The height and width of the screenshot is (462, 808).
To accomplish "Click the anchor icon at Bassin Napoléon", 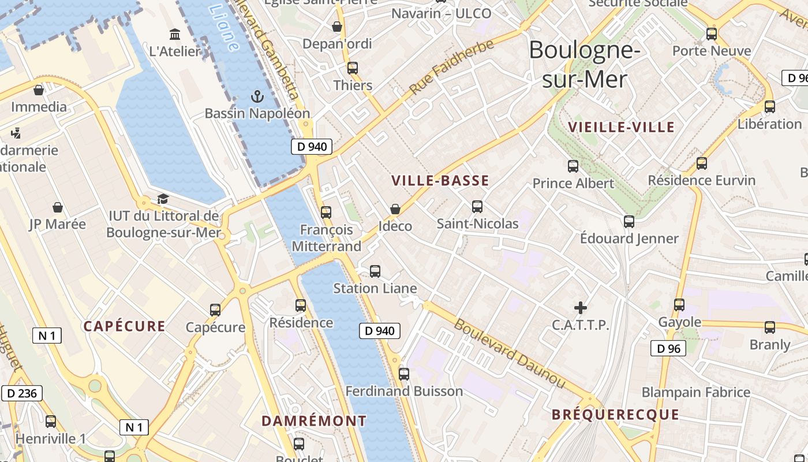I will [257, 96].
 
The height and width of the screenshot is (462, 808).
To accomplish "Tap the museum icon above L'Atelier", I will [174, 34].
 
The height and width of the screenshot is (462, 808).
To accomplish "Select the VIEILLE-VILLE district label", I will [621, 127].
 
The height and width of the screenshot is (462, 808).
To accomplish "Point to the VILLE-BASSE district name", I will [440, 181].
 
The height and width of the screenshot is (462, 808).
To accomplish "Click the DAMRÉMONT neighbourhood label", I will [314, 421].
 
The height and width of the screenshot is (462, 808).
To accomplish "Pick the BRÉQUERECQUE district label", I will [615, 415].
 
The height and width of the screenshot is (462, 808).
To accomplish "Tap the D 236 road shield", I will [22, 394].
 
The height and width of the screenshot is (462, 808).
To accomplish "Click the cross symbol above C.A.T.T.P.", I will [581, 308].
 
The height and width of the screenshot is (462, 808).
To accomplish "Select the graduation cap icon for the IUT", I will [163, 199].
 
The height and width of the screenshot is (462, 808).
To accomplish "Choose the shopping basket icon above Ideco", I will [395, 208].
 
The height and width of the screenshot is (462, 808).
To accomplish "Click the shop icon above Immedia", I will [39, 90].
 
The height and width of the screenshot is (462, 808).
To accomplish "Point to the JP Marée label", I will [58, 224].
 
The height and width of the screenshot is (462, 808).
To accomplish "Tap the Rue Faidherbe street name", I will [452, 68].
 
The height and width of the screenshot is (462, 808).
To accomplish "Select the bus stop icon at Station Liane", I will [375, 271].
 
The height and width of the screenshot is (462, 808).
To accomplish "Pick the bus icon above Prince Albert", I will [573, 166].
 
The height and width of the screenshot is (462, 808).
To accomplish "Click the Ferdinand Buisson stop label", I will [404, 392].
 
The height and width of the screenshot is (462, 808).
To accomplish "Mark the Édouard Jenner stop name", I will [629, 239].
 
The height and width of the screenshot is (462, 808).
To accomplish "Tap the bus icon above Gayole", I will [679, 304].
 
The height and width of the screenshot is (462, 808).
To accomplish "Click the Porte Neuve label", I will [712, 51].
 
